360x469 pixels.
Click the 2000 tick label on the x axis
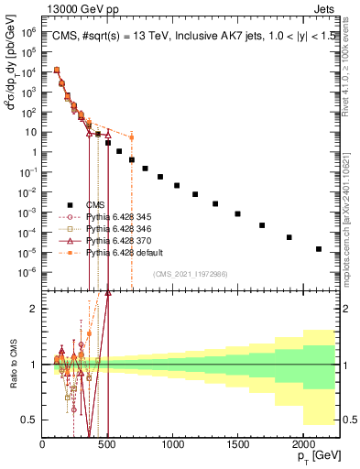(302, 445)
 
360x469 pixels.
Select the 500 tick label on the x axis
(107, 445)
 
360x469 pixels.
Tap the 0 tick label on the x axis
(42, 445)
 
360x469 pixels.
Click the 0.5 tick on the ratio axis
(31, 420)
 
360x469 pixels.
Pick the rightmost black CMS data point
(319, 248)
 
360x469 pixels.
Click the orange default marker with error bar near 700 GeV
(131, 138)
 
